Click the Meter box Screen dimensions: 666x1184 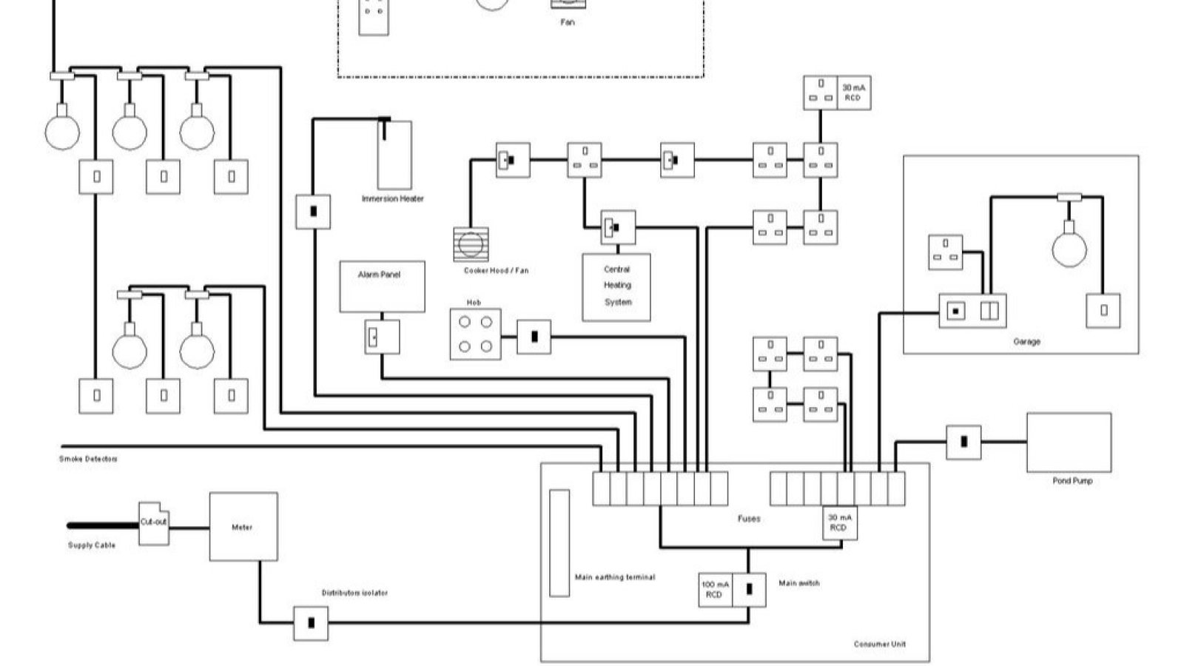tap(243, 526)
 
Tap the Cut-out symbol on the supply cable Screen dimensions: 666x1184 tap(154, 522)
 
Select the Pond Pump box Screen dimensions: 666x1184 tap(1069, 442)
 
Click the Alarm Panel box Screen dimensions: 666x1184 tap(382, 286)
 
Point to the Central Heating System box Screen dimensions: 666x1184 tap(616, 287)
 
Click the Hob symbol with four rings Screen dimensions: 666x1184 tap(475, 334)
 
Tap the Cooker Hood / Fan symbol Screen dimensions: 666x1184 tap(471, 244)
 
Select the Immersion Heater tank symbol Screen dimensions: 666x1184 tap(394, 156)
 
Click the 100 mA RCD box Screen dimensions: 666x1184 tap(715, 590)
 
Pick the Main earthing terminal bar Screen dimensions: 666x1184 tap(559, 542)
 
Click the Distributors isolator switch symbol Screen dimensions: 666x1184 tap(311, 623)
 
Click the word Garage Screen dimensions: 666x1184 tap(1026, 342)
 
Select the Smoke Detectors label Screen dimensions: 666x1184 tap(88, 459)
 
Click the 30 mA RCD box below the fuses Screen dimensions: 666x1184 tap(839, 522)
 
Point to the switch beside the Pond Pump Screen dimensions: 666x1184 tap(963, 442)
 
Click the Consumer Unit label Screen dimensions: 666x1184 tap(879, 644)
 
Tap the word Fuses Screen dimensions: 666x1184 tap(748, 519)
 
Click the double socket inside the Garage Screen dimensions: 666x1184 tap(945, 252)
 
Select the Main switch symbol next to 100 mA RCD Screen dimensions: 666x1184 tap(749, 590)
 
